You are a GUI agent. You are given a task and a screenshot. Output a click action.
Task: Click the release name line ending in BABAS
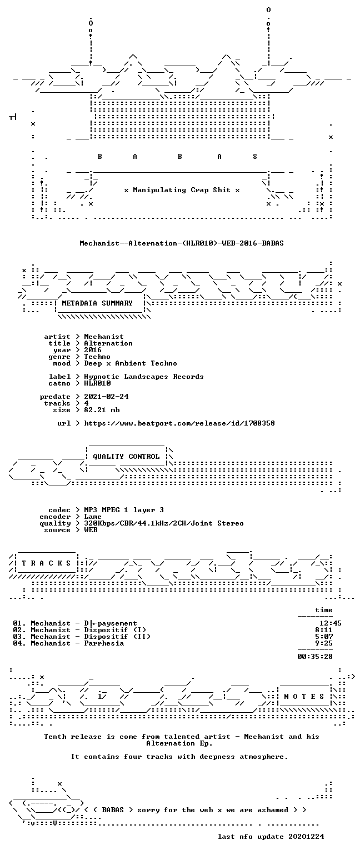coord(182,243)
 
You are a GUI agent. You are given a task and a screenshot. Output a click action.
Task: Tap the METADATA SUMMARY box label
coord(97,303)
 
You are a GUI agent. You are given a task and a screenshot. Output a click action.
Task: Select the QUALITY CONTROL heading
coord(126,457)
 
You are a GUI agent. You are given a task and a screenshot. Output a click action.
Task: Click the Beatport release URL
coord(179,423)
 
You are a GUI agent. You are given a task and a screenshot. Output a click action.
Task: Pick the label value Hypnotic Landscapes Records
coord(144,377)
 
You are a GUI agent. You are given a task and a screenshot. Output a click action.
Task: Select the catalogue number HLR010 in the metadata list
coord(97,383)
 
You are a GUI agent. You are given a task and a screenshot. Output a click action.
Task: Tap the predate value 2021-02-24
coord(106,397)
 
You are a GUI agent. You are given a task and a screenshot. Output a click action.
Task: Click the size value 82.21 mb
coord(102,410)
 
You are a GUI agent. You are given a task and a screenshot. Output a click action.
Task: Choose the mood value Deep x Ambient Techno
coord(131,363)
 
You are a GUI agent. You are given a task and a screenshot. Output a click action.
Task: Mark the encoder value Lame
coord(93,517)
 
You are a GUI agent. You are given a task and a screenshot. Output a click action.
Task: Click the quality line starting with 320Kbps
coord(164,523)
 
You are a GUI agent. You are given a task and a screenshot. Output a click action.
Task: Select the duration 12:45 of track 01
coord(331,623)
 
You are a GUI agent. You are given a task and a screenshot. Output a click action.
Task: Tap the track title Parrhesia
coord(104,643)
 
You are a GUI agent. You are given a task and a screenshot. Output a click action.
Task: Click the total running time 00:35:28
coord(314,657)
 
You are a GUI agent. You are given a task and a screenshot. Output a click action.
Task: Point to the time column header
coord(324,610)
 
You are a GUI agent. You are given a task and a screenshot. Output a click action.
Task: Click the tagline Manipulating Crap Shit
coord(182,190)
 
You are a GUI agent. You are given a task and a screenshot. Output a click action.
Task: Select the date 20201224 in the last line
coord(306,837)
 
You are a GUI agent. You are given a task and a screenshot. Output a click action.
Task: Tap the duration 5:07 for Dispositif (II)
coord(324,637)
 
